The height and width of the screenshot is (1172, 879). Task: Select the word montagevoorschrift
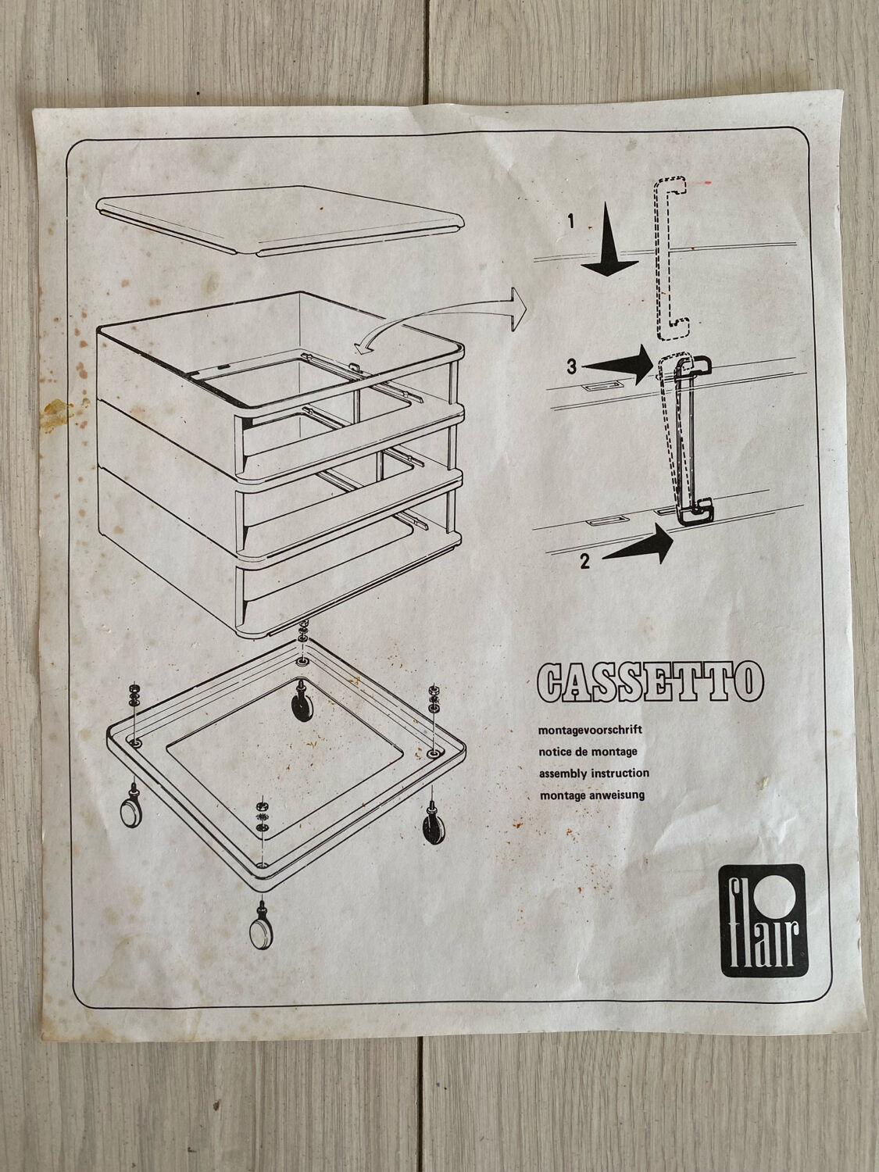pos(590,729)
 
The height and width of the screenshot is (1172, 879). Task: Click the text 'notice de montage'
pos(588,752)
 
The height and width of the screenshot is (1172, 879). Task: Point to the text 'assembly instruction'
pos(594,774)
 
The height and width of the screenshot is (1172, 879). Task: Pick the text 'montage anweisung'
pos(592,795)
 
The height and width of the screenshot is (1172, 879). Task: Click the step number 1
pos(571,220)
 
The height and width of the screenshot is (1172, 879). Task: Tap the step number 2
pos(585,561)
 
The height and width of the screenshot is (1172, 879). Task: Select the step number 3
pos(572,366)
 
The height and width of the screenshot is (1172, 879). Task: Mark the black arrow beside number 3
pos(618,365)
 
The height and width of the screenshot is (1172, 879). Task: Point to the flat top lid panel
pos(280,220)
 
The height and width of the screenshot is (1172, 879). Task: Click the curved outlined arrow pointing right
pos(438,316)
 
